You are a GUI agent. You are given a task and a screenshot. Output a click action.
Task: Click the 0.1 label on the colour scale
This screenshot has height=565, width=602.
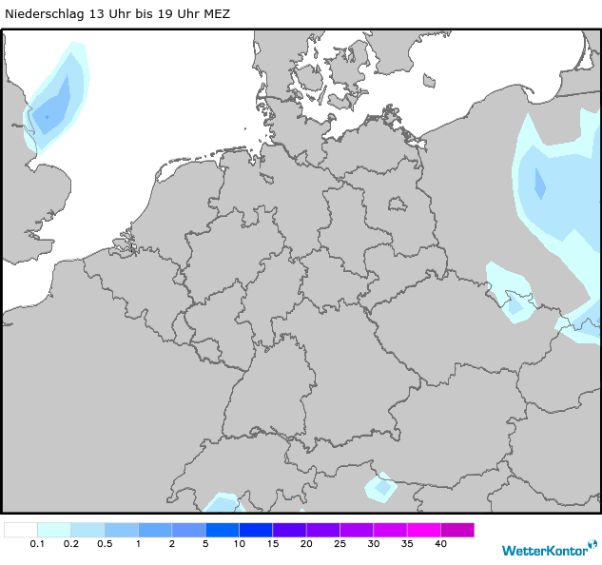click(x=37, y=544)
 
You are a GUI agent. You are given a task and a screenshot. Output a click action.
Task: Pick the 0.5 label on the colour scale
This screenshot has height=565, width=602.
click(x=105, y=544)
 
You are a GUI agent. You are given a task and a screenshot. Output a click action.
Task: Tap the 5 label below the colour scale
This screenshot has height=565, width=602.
click(x=205, y=544)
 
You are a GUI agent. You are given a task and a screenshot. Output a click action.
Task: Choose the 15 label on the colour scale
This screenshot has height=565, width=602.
click(x=272, y=544)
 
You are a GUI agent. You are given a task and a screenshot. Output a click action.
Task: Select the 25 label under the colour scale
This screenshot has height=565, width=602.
click(x=340, y=544)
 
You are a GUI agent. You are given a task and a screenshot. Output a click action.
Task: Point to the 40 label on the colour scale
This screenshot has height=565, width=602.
click(x=440, y=544)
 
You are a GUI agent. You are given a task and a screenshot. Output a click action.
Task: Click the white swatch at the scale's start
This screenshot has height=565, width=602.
click(x=21, y=530)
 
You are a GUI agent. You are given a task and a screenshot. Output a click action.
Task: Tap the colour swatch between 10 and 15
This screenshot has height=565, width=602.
click(x=256, y=530)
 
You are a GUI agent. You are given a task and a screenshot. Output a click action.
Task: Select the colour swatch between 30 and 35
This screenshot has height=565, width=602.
click(x=390, y=530)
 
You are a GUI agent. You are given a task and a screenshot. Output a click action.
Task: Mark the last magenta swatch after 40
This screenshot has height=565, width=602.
click(x=457, y=530)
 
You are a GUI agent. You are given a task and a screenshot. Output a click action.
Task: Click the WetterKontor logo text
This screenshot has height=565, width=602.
click(x=543, y=550)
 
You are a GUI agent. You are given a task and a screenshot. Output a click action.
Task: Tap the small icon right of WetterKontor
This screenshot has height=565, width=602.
click(x=592, y=547)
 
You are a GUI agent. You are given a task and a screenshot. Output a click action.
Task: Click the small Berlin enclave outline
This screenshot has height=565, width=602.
click(x=396, y=204)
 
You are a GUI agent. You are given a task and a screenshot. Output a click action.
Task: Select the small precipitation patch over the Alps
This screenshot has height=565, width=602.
click(x=382, y=488)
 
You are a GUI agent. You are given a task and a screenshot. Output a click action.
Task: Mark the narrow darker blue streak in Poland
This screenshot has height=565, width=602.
click(x=539, y=183)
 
